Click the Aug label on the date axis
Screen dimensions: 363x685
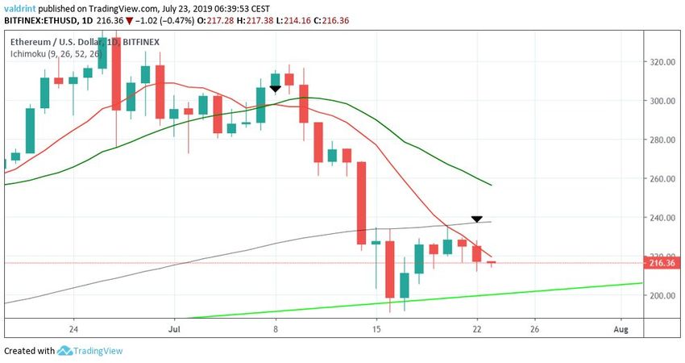620,329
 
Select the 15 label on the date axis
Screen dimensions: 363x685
376,329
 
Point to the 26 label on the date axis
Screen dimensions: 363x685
534,329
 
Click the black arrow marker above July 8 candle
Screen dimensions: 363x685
276,89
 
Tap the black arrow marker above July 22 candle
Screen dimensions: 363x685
476,219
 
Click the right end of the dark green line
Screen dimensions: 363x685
491,185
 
